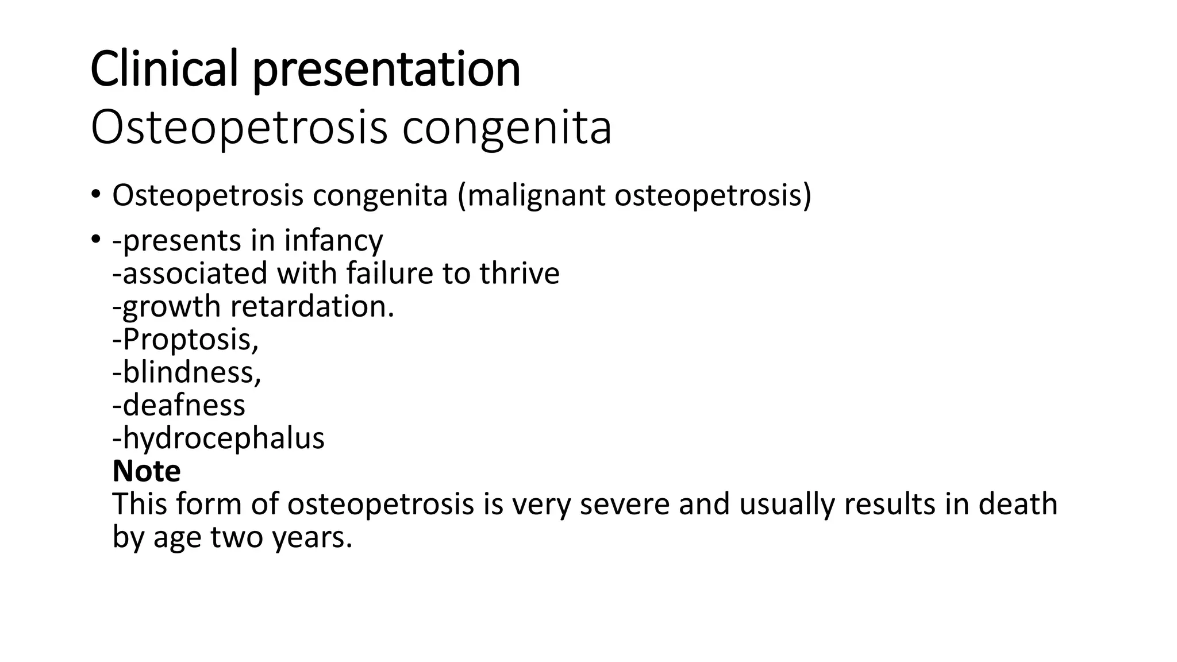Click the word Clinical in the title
pos(164,69)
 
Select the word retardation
pos(311,306)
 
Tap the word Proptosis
pos(190,340)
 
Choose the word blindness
pos(191,372)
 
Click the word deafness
pos(183,405)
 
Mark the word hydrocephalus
pos(224,439)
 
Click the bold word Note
pos(147,471)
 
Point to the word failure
pos(389,273)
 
